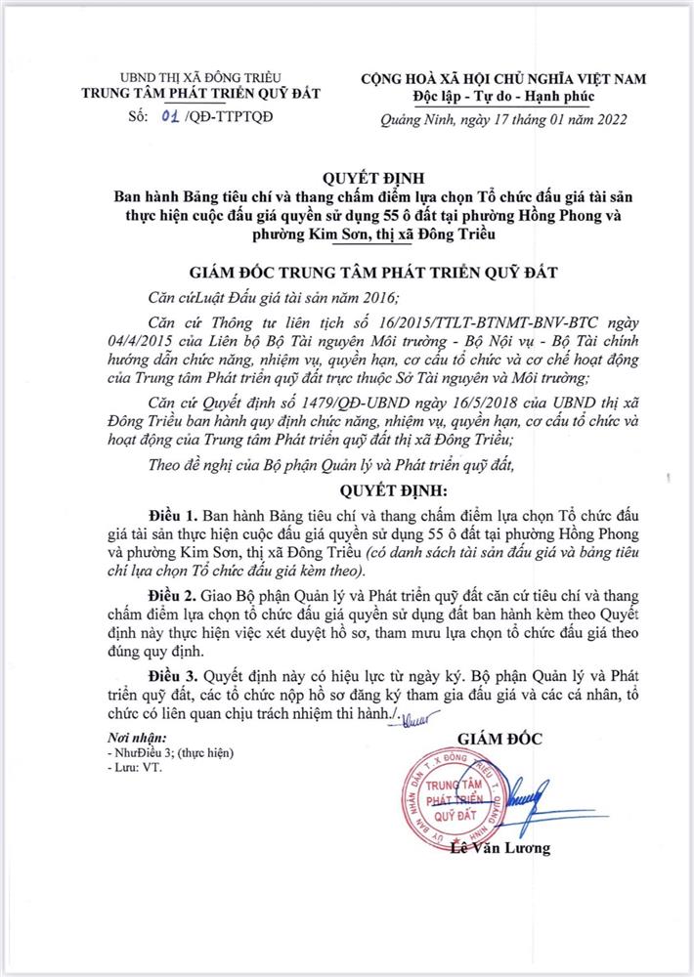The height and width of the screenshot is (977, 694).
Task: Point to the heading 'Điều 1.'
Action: (176, 513)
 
